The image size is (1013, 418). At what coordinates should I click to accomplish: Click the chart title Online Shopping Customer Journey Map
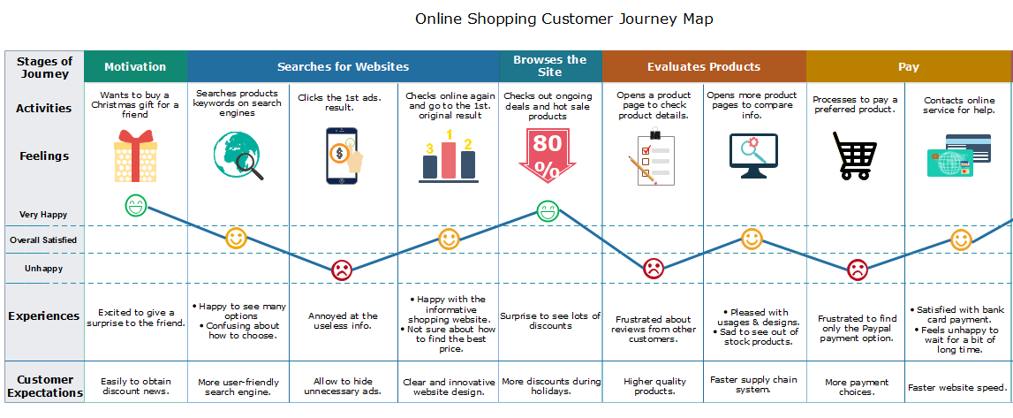coord(563,19)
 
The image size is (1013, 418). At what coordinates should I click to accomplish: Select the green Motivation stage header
coord(135,66)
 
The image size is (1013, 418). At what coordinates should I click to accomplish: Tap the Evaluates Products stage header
coord(703,66)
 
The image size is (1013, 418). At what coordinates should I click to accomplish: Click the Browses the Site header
coord(549,65)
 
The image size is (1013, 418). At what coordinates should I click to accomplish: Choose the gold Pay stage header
coord(908,66)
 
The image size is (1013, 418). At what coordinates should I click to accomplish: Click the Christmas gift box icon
coord(135,156)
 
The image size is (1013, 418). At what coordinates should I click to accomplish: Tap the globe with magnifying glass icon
coord(238,156)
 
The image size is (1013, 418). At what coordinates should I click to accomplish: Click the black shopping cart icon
coord(855,156)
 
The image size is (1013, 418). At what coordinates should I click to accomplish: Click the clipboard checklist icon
coord(652,157)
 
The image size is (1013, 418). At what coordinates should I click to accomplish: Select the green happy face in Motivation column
coord(135,207)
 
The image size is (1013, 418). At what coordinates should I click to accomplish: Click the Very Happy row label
coord(43,214)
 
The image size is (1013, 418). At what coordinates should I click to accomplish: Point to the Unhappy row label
coord(43,268)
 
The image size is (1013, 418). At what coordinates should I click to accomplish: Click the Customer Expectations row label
coord(45,386)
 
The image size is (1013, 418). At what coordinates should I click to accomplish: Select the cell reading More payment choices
coord(855,387)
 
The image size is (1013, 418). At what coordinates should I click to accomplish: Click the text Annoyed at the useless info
coord(343,321)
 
